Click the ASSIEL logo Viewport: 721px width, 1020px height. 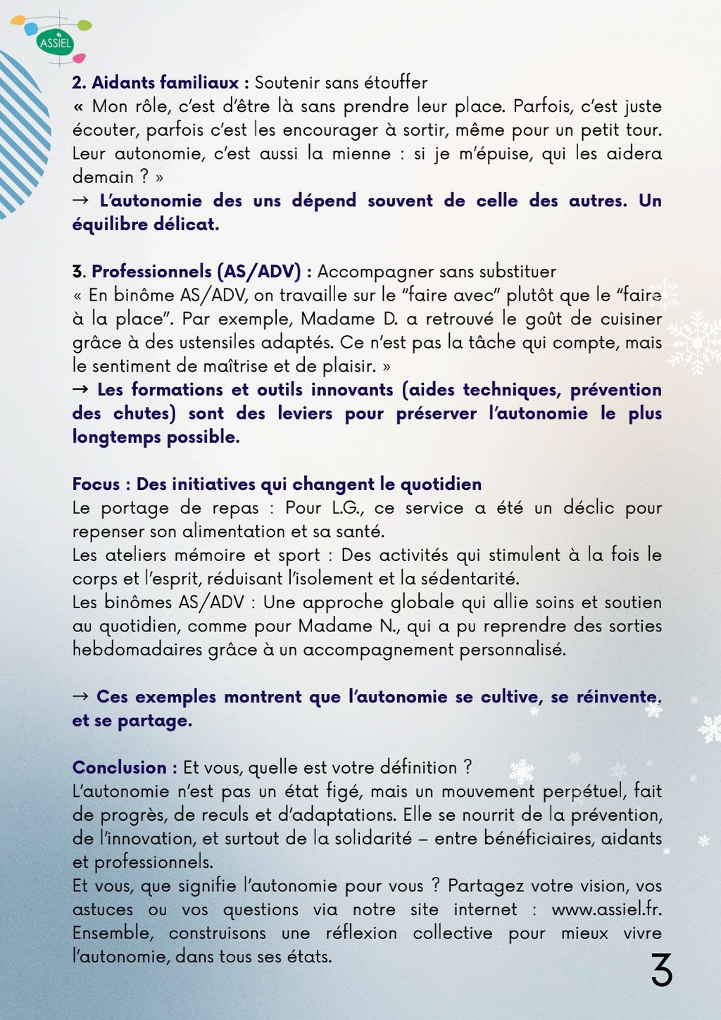(x=56, y=42)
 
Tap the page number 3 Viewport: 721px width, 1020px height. (x=661, y=971)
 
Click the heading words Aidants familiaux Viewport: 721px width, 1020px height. (x=165, y=83)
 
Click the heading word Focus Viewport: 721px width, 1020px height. (x=96, y=484)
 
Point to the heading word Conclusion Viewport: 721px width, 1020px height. (x=119, y=767)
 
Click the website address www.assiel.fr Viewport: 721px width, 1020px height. (x=606, y=909)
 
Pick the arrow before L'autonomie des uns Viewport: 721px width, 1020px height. (x=81, y=201)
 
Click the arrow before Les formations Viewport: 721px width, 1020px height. (x=80, y=389)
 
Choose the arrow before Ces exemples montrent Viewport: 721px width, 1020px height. (x=80, y=696)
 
